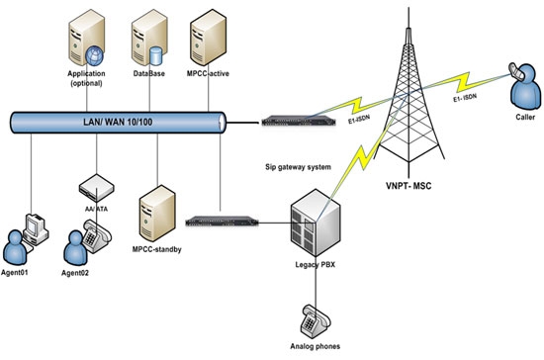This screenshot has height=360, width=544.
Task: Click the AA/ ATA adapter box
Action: pos(96,183)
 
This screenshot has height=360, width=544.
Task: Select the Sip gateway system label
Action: pos(288,141)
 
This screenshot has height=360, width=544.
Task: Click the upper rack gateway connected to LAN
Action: pos(288,122)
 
